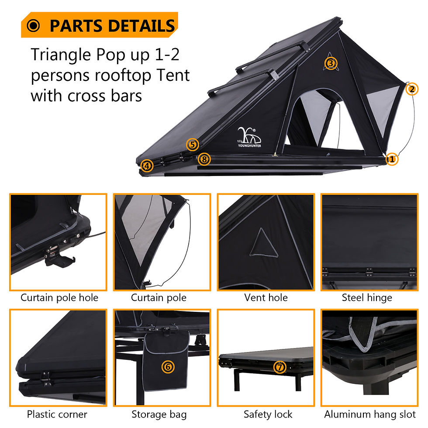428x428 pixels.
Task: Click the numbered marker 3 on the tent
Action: pyautogui.click(x=331, y=64)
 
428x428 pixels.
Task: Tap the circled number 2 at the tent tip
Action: pyautogui.click(x=411, y=89)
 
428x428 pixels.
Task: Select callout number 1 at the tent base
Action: pyautogui.click(x=392, y=159)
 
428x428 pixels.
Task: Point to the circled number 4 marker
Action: pyautogui.click(x=147, y=166)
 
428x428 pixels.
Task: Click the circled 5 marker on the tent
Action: pyautogui.click(x=193, y=145)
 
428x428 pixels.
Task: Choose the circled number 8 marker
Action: pyautogui.click(x=204, y=159)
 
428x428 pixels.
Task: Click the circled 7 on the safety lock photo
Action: pyautogui.click(x=280, y=367)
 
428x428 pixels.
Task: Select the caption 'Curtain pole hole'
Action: pyautogui.click(x=59, y=298)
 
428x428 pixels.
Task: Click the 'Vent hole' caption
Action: pyautogui.click(x=266, y=298)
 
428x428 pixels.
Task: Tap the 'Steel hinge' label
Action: pyautogui.click(x=367, y=298)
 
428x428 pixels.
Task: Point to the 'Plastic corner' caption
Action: pyautogui.click(x=57, y=414)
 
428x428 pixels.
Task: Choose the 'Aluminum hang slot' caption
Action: pyautogui.click(x=370, y=414)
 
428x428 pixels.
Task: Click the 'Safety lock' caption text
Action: pyautogui.click(x=268, y=414)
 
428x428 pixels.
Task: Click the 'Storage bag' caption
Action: pyautogui.click(x=159, y=414)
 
